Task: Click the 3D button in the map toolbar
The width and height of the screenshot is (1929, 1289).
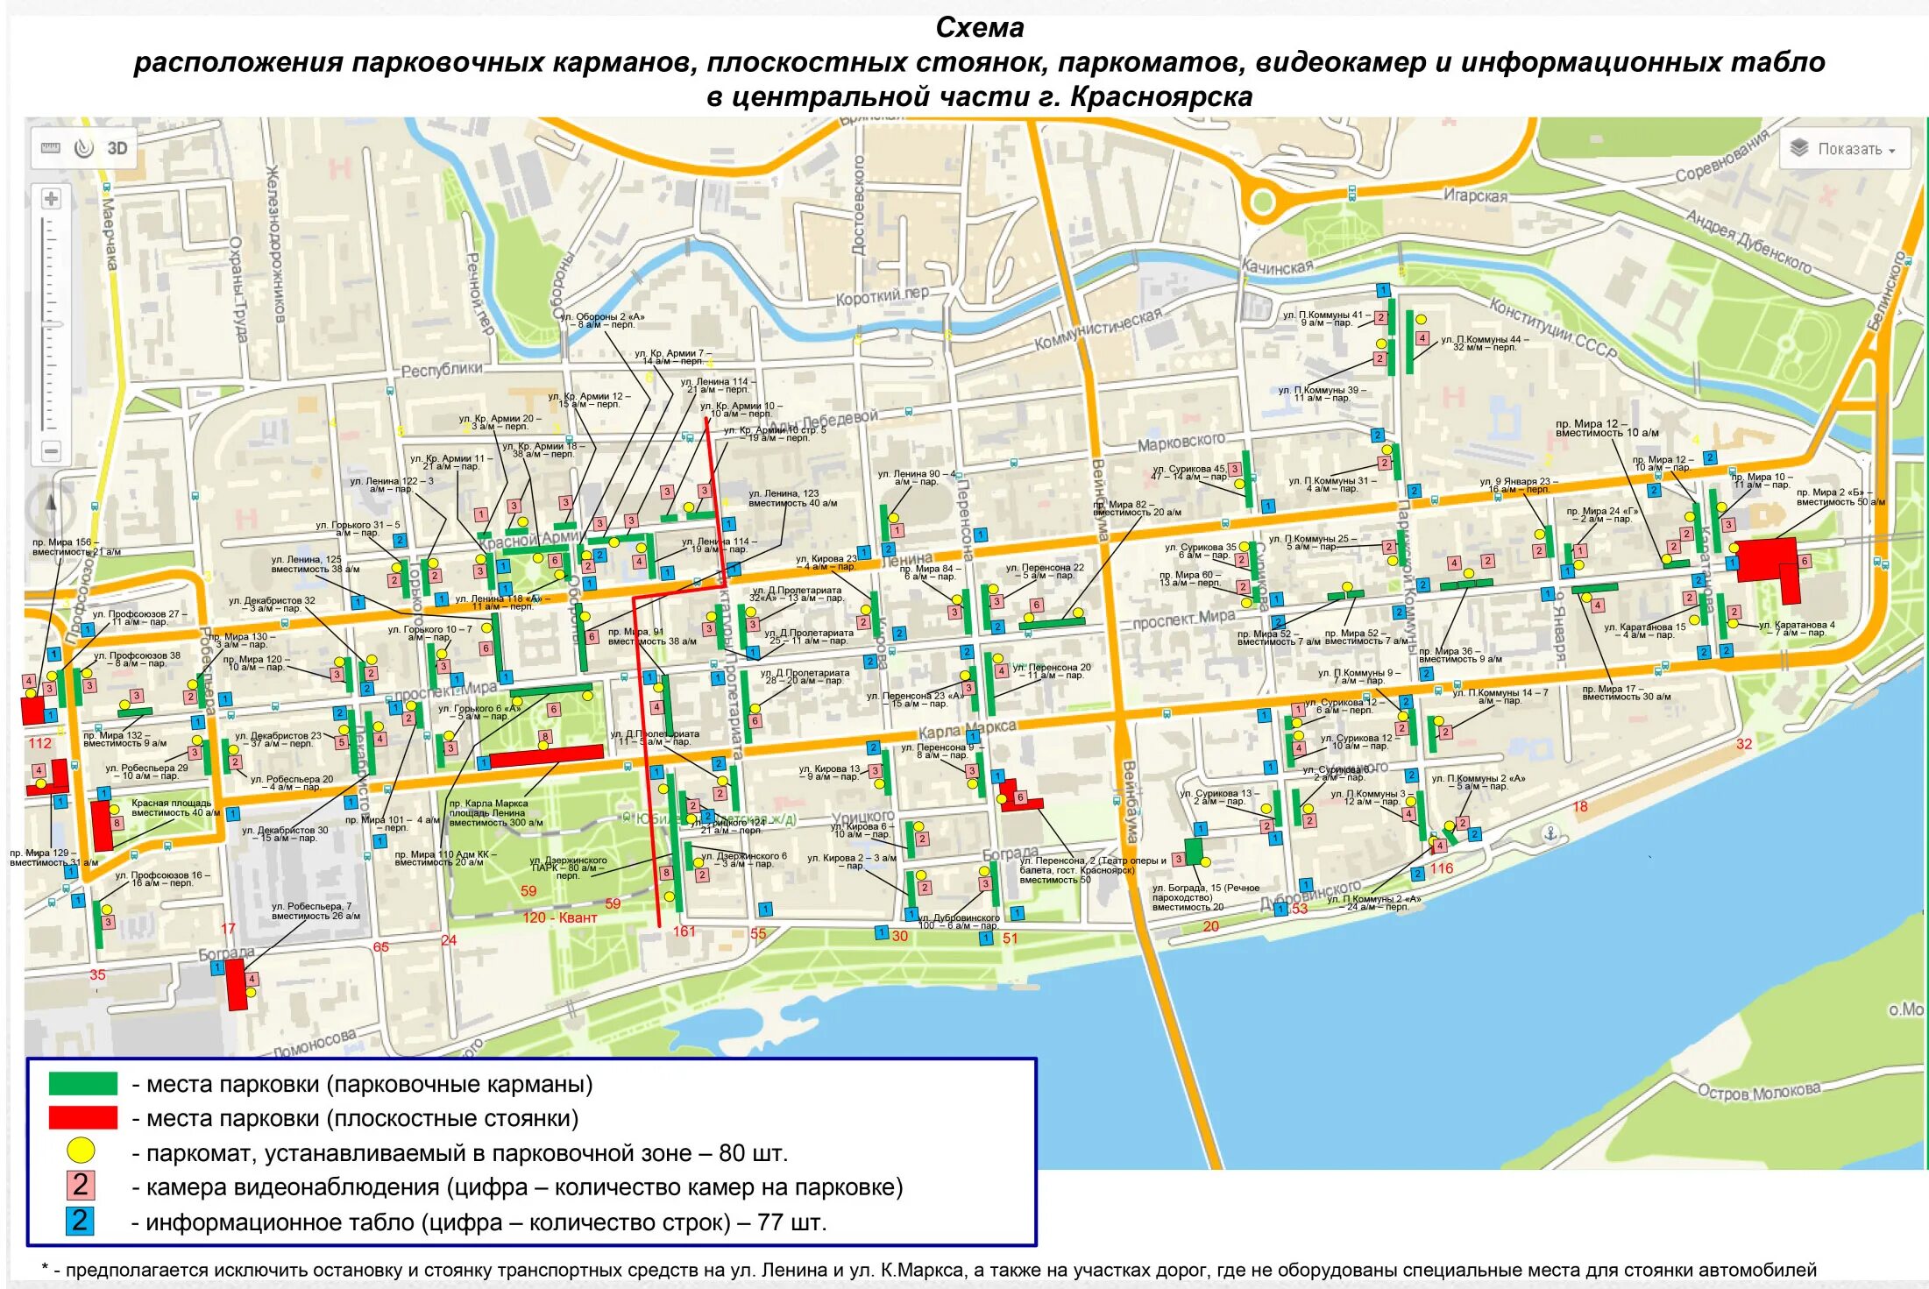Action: pyautogui.click(x=117, y=148)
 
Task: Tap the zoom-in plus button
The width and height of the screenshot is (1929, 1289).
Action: pyautogui.click(x=51, y=199)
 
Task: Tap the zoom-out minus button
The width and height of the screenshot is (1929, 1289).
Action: pyautogui.click(x=51, y=450)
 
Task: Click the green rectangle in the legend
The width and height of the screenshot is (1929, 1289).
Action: pyautogui.click(x=83, y=1084)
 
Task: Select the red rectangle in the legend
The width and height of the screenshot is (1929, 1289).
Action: pyautogui.click(x=83, y=1117)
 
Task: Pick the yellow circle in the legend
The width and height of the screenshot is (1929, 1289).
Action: pyautogui.click(x=81, y=1151)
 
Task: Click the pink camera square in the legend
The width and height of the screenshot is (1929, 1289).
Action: pyautogui.click(x=81, y=1186)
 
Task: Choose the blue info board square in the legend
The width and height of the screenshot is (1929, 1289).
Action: pyautogui.click(x=80, y=1221)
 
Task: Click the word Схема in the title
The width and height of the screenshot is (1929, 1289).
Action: pyautogui.click(x=979, y=28)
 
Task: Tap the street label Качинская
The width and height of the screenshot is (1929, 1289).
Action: pyautogui.click(x=1277, y=266)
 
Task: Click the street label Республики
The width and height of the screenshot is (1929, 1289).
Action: pyautogui.click(x=441, y=370)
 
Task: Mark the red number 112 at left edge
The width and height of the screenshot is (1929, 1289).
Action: pyautogui.click(x=39, y=743)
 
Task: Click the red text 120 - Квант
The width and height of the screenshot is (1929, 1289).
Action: pyautogui.click(x=559, y=917)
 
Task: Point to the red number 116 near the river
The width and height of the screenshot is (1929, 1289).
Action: pyautogui.click(x=1442, y=868)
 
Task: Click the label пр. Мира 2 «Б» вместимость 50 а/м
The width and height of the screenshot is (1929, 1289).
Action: pyautogui.click(x=1840, y=497)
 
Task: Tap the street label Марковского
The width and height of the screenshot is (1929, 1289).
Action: pyautogui.click(x=1181, y=442)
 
